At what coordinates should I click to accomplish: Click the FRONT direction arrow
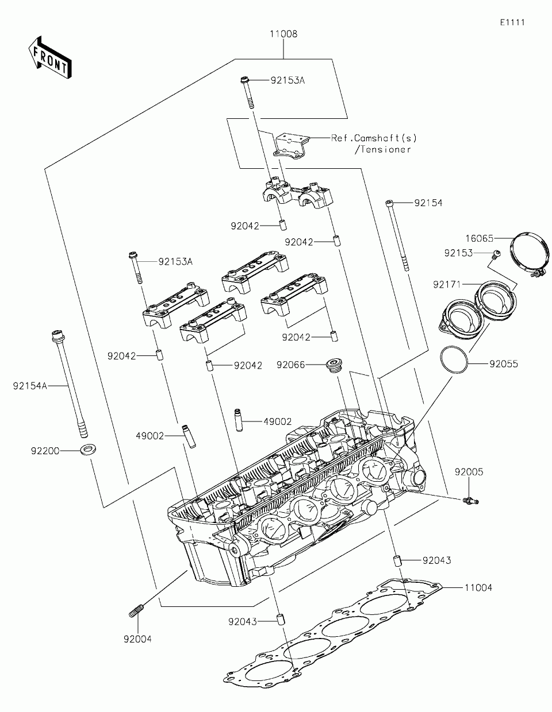click(50, 57)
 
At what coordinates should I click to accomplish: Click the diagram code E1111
click(512, 22)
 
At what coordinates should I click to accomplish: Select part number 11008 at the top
click(283, 34)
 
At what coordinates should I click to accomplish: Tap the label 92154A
click(30, 386)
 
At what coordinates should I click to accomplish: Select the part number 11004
click(478, 588)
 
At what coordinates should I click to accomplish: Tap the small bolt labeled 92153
click(497, 253)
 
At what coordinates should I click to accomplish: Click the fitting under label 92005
click(470, 500)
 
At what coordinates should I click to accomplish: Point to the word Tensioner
click(386, 150)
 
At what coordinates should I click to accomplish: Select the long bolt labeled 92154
click(398, 235)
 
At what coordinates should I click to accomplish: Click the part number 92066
click(290, 365)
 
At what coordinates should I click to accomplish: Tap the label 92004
click(137, 639)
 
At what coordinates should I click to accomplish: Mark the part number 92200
click(45, 451)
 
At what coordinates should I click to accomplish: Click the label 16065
click(480, 238)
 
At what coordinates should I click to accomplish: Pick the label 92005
click(469, 472)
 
